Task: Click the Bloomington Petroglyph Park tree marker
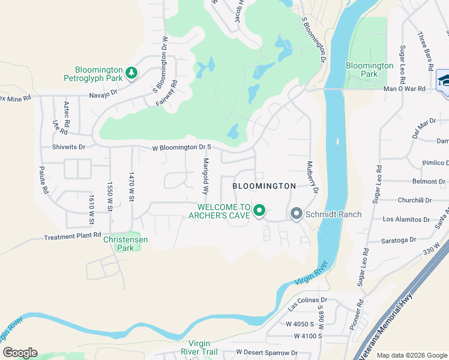[x=131, y=73]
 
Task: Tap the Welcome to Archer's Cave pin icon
[x=259, y=211]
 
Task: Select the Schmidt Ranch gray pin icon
[x=295, y=214]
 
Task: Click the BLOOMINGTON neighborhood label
[x=265, y=186]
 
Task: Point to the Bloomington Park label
[x=369, y=70]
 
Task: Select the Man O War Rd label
[x=404, y=89]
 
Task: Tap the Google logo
[x=20, y=353]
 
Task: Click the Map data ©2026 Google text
[x=411, y=355]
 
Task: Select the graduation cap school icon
[x=444, y=80]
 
